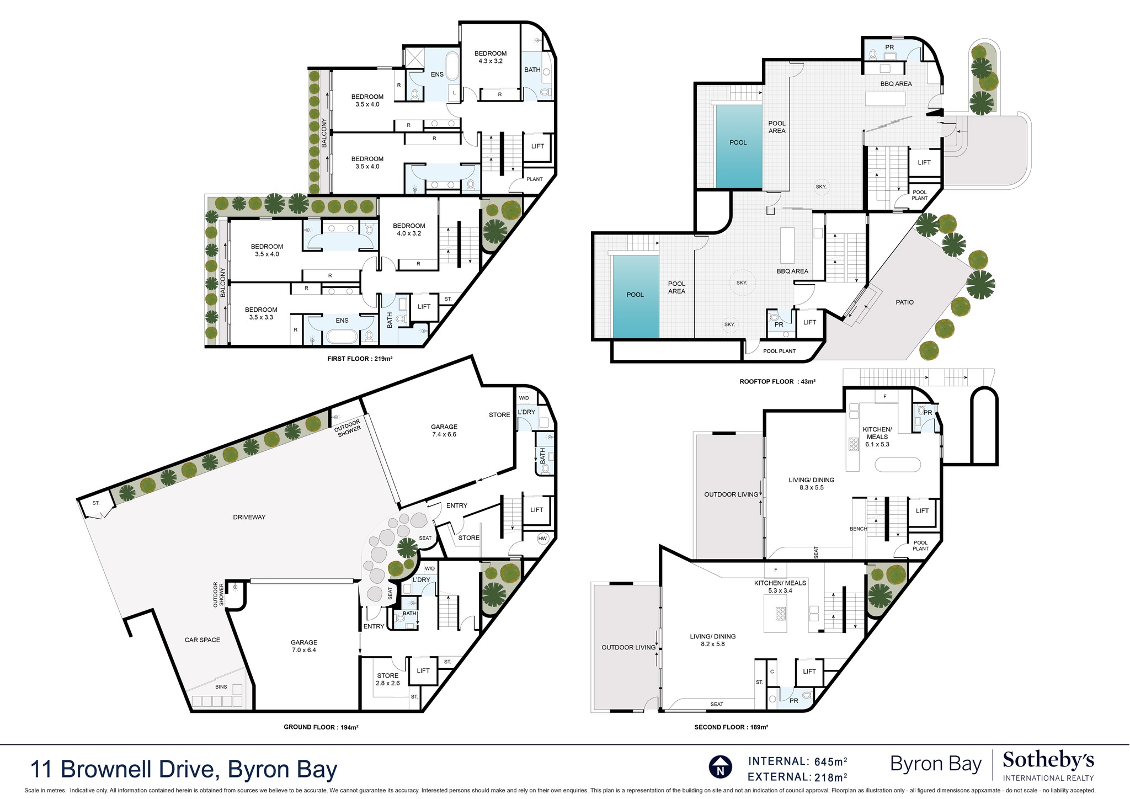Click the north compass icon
point(720,768)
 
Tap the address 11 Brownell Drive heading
point(184,770)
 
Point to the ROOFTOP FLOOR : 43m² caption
point(777,381)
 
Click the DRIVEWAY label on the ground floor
point(249,517)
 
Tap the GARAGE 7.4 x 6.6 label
point(444,430)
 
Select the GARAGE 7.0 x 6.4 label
point(304,646)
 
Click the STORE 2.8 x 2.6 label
point(388,679)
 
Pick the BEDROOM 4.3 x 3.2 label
point(491,57)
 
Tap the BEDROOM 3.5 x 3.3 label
point(261,313)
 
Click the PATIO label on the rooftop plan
point(905,302)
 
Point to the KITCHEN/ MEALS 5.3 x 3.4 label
point(780,587)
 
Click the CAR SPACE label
point(202,640)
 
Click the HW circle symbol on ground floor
point(542,539)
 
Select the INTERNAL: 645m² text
point(797,761)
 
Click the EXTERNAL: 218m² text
point(797,777)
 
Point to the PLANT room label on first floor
point(534,179)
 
